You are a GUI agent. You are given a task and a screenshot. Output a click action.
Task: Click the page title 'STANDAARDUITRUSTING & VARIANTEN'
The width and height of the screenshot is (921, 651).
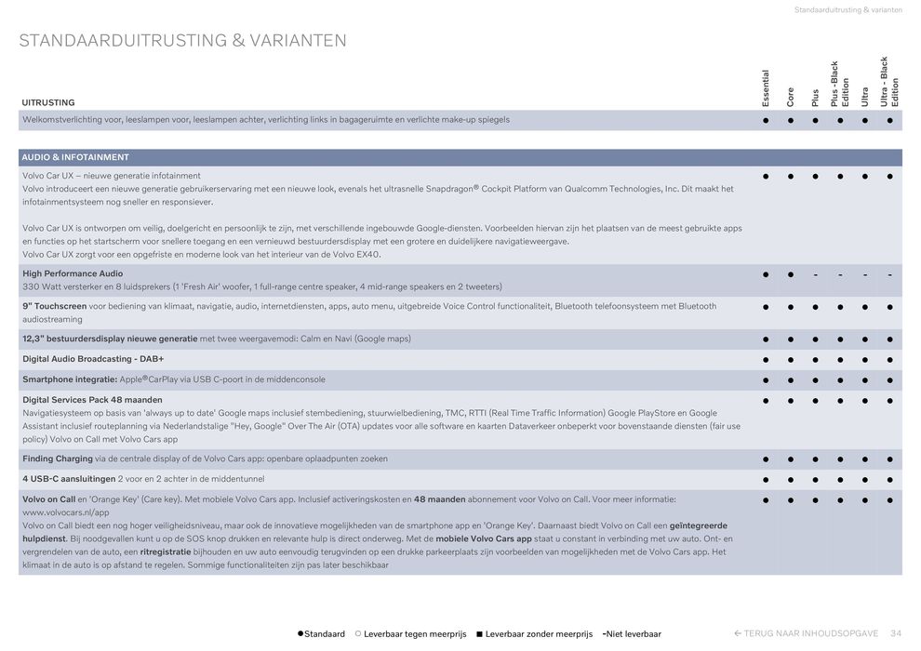[182, 41]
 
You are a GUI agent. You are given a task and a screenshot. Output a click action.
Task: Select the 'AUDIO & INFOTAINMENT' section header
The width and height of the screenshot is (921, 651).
[75, 157]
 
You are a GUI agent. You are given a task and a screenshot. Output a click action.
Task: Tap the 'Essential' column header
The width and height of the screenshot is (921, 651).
[766, 87]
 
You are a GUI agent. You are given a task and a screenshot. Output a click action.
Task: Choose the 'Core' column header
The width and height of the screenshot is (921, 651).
[791, 96]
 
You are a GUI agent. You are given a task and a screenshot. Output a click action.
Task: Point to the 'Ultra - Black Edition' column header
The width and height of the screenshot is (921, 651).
[889, 82]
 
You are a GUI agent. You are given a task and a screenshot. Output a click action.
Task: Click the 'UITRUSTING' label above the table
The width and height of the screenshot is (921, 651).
[48, 102]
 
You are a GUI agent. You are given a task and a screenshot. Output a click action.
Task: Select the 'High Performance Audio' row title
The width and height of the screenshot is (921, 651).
[73, 273]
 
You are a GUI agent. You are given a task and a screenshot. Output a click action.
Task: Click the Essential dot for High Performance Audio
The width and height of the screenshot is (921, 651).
[766, 274]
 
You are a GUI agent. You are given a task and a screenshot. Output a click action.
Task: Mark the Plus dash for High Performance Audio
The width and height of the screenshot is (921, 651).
[815, 274]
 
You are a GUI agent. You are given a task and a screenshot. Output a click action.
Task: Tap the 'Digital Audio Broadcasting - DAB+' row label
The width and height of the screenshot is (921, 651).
[93, 359]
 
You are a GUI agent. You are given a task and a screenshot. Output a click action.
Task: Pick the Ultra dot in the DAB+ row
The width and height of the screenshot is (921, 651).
[865, 359]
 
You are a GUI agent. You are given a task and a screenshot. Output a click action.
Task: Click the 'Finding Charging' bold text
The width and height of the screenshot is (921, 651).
[58, 458]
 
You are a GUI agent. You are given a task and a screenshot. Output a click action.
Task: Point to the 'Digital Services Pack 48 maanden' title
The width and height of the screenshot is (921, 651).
[92, 400]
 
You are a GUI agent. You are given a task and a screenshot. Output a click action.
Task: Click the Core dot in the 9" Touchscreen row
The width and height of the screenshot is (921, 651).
[791, 306]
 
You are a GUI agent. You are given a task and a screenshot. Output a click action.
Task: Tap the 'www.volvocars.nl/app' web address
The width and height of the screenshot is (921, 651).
[65, 512]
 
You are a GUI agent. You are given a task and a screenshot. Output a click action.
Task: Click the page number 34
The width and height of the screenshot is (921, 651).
[896, 633]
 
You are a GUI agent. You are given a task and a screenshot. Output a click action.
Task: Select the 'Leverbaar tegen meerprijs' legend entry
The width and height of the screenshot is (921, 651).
[414, 634]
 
